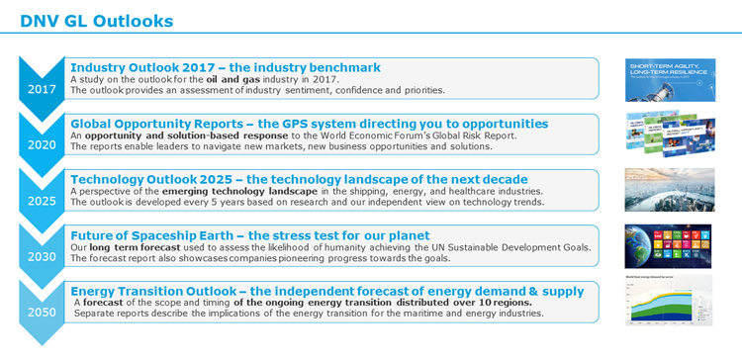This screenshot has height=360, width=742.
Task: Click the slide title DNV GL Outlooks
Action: point(96,21)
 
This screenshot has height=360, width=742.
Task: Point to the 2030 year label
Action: point(41,255)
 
